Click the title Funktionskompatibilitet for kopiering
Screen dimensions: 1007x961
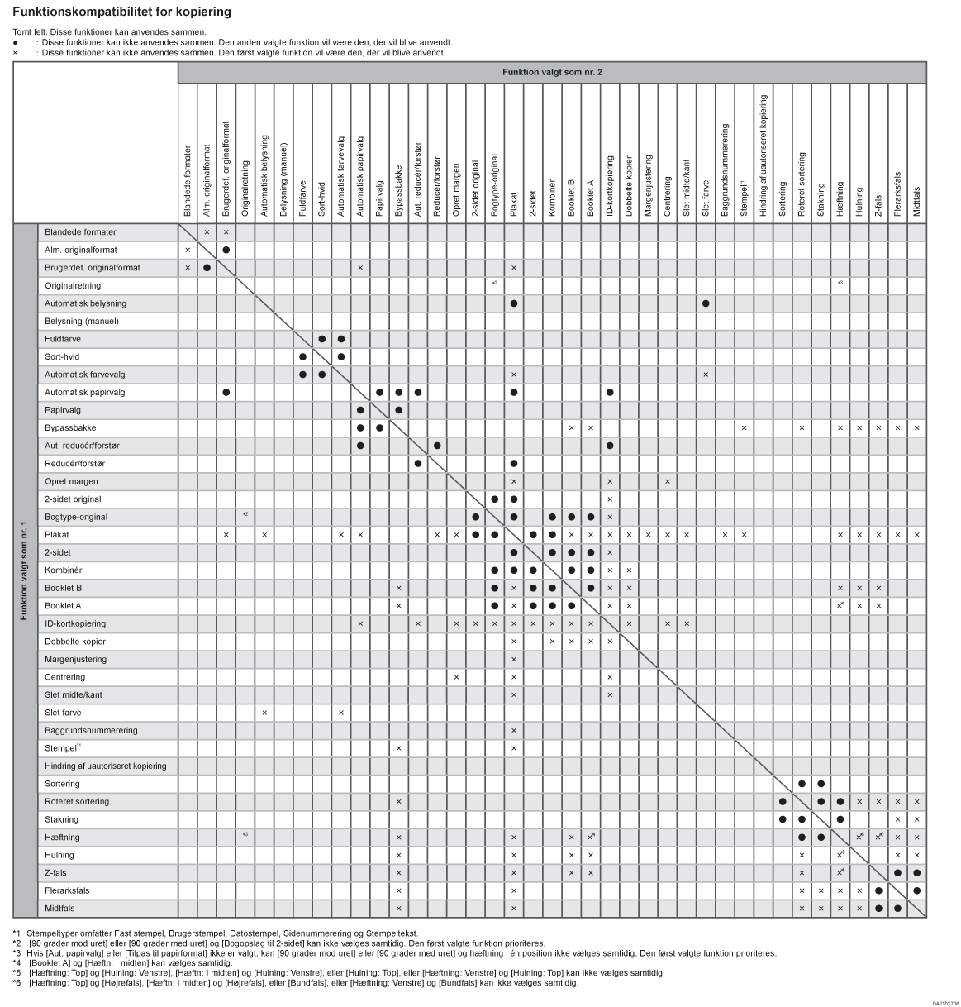121,12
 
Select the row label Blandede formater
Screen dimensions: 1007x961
80,232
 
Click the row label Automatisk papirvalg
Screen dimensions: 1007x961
84,393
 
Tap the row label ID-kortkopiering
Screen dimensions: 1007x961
75,624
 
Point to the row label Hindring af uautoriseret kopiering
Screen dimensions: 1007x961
106,766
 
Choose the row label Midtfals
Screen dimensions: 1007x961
59,909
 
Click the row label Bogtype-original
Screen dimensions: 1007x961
76,518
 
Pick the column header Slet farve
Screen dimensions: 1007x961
706,198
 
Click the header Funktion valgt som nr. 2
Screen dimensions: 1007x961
552,73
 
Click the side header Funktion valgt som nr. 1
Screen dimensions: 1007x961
26,570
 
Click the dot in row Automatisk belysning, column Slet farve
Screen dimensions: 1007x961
706,304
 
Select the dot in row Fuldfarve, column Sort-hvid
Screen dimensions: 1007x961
321,340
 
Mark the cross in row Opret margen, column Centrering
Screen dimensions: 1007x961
668,482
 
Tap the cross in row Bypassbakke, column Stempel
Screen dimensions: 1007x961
745,428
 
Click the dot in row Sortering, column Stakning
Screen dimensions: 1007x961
821,784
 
